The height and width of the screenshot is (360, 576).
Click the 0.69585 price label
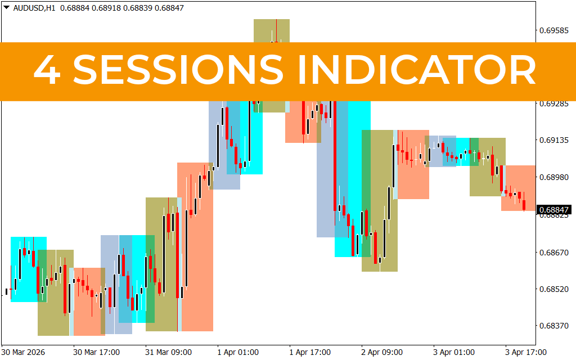554,30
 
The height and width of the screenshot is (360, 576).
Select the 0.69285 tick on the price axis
554,104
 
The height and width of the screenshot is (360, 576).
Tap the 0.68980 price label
554,177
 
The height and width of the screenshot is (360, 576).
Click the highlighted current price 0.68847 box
555,210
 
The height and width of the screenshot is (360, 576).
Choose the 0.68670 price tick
554,253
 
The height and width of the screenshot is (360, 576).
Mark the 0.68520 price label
554,289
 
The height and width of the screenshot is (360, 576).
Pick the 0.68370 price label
554,326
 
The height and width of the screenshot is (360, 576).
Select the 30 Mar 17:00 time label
97,352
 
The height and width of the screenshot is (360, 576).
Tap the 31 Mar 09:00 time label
169,352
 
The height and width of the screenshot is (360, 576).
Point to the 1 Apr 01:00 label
238,352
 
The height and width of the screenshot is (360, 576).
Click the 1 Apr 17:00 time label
310,352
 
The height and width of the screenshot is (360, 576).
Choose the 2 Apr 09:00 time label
382,352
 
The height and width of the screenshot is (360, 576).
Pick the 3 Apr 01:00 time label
454,352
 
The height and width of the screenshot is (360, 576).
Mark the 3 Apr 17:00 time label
526,352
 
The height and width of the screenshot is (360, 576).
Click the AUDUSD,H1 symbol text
34,8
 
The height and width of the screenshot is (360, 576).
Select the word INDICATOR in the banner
416,70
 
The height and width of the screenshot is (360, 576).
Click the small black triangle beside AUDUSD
6,7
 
